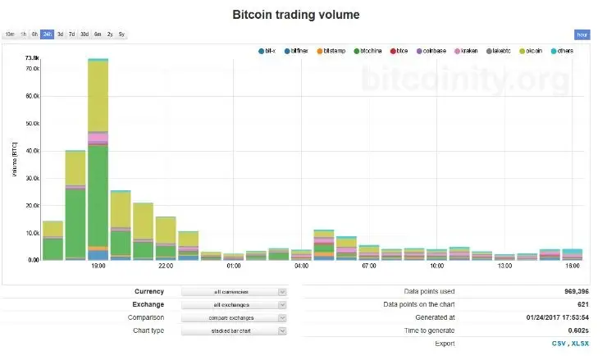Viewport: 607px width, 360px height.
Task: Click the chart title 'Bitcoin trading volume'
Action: point(295,15)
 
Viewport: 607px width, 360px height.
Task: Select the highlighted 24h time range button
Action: point(48,34)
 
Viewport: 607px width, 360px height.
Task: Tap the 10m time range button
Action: point(10,34)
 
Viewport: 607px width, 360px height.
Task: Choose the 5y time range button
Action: point(121,34)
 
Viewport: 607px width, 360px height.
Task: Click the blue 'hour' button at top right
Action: point(582,34)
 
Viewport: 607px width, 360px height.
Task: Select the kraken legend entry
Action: point(467,51)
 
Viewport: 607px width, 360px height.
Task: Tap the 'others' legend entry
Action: point(565,51)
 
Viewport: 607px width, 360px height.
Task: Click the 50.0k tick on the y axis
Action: point(32,123)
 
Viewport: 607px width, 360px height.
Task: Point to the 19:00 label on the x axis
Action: point(98,266)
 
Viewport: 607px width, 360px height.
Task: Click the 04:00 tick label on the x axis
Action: point(301,266)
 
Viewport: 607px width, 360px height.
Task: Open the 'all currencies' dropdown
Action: point(234,291)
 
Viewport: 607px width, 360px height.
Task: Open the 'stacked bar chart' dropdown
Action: point(234,330)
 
